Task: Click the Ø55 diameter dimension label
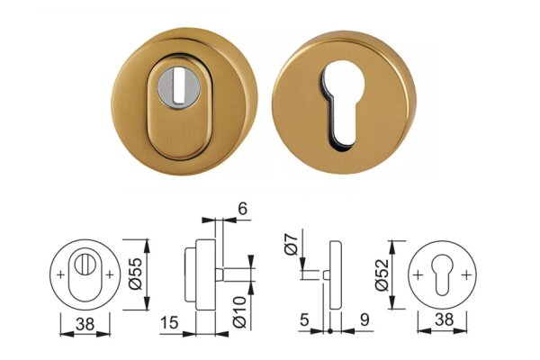[135, 274]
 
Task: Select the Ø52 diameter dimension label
[382, 274]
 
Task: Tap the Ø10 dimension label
[239, 311]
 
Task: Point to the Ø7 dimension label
[292, 244]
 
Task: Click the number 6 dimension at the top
[243, 209]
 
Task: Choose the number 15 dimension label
[169, 323]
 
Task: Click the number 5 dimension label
[304, 320]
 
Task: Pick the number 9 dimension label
[364, 320]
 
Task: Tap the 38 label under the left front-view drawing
[85, 324]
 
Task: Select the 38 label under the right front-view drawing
[445, 320]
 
